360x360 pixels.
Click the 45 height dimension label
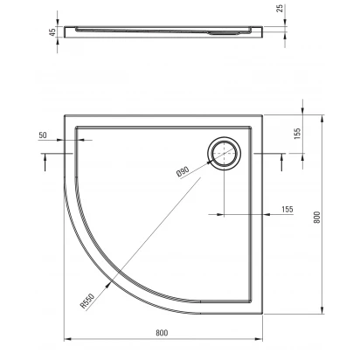(52, 31)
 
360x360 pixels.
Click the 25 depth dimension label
(280, 9)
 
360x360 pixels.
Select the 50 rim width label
(43, 135)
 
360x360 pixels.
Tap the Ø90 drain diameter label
(183, 172)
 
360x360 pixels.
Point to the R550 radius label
(87, 301)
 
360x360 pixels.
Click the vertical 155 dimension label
(297, 134)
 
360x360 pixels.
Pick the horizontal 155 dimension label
(287, 209)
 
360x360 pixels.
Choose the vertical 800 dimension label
(317, 218)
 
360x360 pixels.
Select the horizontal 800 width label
(162, 333)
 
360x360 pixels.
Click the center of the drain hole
(224, 153)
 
